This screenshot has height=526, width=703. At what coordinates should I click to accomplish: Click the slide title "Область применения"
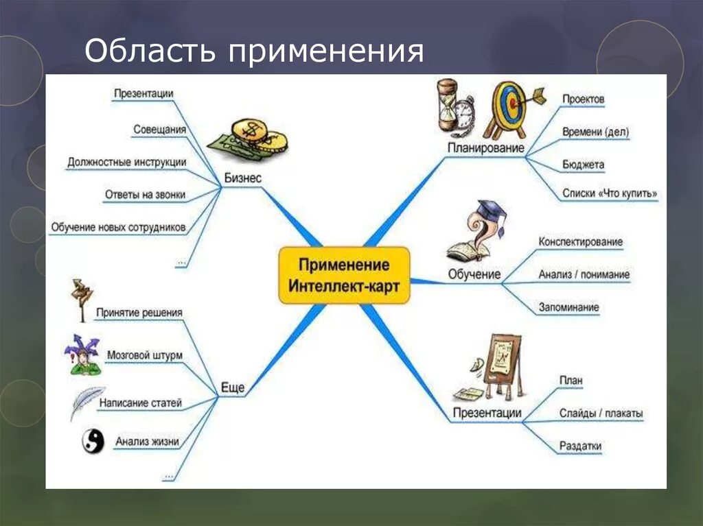(253, 52)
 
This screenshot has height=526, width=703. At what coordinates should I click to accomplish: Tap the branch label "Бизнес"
(243, 178)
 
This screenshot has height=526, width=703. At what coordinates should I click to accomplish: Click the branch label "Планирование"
(486, 147)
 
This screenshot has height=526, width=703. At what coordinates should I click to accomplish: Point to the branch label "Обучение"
(474, 274)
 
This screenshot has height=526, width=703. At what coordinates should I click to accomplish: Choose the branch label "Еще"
(233, 387)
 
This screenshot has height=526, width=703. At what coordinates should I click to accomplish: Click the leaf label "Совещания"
(159, 129)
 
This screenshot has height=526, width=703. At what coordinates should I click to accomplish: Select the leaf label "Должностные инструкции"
(127, 162)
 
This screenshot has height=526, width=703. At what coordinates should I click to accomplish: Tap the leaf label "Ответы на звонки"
(145, 195)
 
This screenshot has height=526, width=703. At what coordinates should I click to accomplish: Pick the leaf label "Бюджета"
(583, 165)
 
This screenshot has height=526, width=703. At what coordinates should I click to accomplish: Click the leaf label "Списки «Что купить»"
(610, 194)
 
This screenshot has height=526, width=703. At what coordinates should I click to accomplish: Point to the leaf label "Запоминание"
(568, 307)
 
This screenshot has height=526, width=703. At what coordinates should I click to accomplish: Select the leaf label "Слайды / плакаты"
(601, 414)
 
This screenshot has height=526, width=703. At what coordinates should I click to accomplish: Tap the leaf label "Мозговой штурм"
(145, 355)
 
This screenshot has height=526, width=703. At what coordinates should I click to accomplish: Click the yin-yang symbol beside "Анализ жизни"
(93, 441)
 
